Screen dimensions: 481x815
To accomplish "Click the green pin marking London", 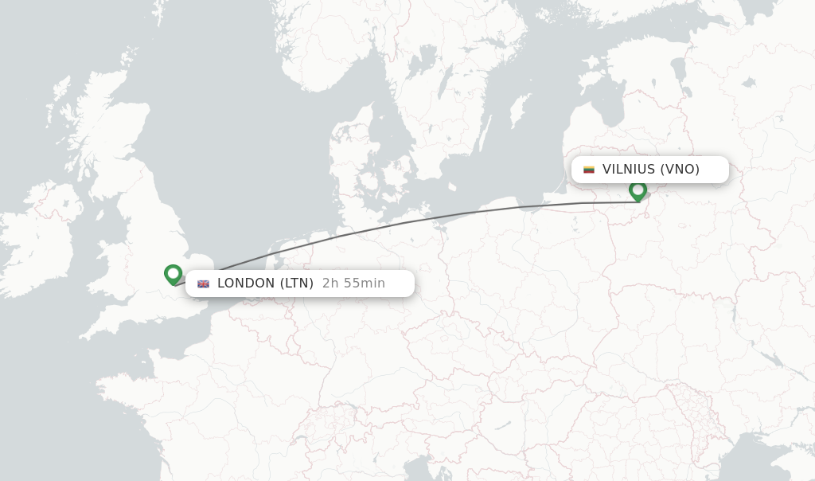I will click(173, 274).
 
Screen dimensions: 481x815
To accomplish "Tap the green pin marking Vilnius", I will click(638, 190).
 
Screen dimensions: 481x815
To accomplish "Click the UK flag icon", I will click(203, 284).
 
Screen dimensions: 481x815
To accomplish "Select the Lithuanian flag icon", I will click(589, 170).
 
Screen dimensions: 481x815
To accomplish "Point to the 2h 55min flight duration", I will click(353, 284).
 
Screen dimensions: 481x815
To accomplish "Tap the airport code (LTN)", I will click(296, 284).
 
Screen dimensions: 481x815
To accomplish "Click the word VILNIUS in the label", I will click(629, 170).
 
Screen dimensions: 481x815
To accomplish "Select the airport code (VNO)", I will click(680, 170).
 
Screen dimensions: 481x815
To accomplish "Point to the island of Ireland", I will click(40, 231).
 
